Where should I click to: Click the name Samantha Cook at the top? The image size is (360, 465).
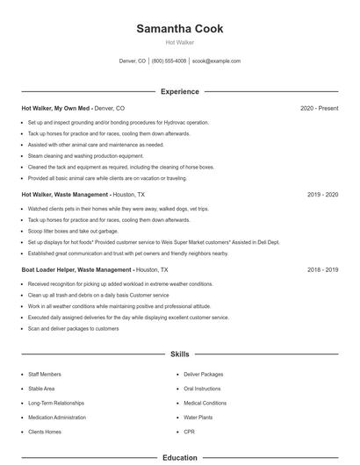pyautogui.click(x=179, y=29)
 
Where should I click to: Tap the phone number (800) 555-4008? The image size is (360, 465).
pyautogui.click(x=169, y=61)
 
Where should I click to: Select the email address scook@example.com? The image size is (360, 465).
pyautogui.click(x=216, y=61)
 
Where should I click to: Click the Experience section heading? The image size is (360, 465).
pyautogui.click(x=179, y=91)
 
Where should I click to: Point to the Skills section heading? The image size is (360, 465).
pyautogui.click(x=179, y=354)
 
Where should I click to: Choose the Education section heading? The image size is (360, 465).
pyautogui.click(x=179, y=457)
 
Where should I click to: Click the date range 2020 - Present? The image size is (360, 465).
pyautogui.click(x=319, y=108)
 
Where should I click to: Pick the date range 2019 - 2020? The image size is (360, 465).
pyautogui.click(x=322, y=195)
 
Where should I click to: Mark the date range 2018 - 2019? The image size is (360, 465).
pyautogui.click(x=322, y=270)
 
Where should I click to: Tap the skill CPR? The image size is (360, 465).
pyautogui.click(x=189, y=433)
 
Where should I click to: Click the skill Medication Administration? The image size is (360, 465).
pyautogui.click(x=57, y=418)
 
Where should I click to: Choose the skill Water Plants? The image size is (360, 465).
pyautogui.click(x=198, y=418)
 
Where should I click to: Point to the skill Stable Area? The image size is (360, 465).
pyautogui.click(x=41, y=389)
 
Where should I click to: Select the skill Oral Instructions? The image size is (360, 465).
pyautogui.click(x=203, y=389)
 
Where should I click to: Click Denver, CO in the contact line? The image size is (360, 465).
pyautogui.click(x=132, y=61)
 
